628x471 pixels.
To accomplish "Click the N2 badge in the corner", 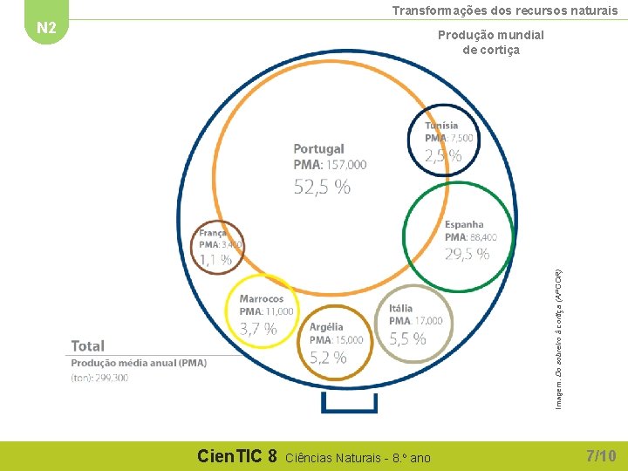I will (46, 28).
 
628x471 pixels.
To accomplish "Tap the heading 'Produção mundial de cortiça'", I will (490, 43).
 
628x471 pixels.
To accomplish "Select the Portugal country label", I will (318, 149).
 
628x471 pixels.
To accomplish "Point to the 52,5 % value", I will (322, 186).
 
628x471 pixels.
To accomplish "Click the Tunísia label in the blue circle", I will (441, 126).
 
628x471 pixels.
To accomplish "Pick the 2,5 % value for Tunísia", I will (443, 156).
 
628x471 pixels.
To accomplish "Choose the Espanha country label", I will (464, 225).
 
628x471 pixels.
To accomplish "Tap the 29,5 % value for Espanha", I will (467, 254).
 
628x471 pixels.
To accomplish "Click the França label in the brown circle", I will (213, 233).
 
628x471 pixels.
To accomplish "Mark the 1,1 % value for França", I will (215, 259).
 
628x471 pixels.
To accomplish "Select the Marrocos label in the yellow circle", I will (262, 299).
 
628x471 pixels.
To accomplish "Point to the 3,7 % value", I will (258, 329).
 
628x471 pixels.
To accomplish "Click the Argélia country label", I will (326, 327).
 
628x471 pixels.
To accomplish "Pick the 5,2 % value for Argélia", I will (328, 357).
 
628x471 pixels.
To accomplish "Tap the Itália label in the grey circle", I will (401, 308).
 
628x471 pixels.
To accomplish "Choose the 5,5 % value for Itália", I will (407, 338).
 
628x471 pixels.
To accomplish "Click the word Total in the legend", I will (88, 346).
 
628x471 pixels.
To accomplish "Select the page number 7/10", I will (601, 455).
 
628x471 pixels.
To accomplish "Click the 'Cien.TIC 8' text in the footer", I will (237, 455).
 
